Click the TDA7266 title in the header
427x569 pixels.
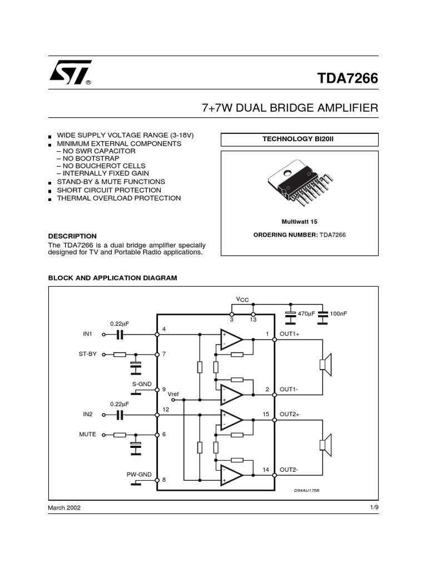347,78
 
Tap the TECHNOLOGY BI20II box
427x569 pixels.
299,139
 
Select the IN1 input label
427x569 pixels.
87,335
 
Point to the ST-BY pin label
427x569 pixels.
88,354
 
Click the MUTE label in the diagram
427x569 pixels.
87,434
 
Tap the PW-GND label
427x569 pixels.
139,474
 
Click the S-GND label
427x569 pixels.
141,383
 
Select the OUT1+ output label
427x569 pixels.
290,334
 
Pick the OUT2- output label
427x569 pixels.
289,470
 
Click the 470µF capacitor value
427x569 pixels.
306,314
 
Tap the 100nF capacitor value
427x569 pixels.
338,314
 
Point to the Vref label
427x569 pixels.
175,393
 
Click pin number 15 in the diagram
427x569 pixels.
266,414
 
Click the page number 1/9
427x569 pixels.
374,508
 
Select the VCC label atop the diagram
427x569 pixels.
242,300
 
